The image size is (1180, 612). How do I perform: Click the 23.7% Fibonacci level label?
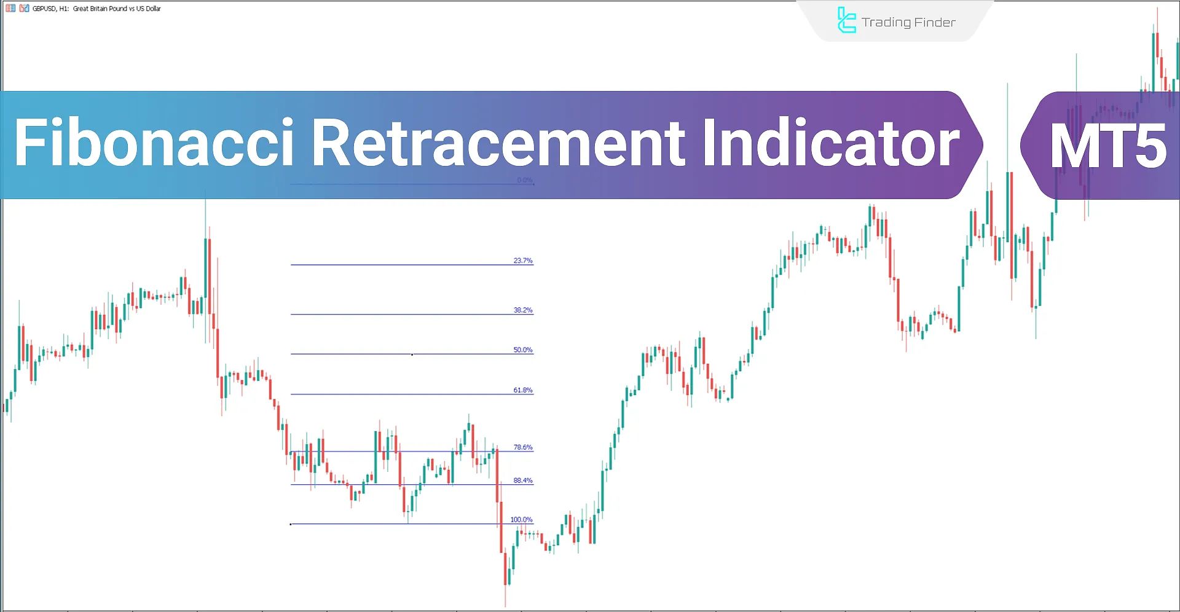(x=523, y=261)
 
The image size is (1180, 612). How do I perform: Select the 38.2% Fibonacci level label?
(x=523, y=310)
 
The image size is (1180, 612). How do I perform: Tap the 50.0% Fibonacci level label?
(x=523, y=350)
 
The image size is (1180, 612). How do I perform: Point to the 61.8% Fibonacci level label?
(x=523, y=390)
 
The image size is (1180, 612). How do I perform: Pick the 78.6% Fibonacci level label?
(x=523, y=447)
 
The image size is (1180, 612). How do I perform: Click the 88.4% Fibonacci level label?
(x=523, y=481)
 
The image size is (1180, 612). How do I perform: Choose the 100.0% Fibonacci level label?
(x=521, y=520)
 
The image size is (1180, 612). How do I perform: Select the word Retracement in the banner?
(x=498, y=143)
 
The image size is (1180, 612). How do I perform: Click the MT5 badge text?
(x=1107, y=146)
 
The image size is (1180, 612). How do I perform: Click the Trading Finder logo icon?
(x=846, y=20)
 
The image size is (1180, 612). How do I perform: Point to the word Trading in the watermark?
(x=886, y=23)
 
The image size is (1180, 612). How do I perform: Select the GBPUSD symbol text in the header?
(x=44, y=9)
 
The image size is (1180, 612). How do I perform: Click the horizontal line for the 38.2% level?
(x=399, y=315)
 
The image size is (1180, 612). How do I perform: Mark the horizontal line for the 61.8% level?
(x=399, y=394)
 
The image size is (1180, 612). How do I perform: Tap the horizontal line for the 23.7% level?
(x=399, y=265)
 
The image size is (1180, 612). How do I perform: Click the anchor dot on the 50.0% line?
(x=412, y=355)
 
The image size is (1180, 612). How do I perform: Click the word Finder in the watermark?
(x=935, y=23)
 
